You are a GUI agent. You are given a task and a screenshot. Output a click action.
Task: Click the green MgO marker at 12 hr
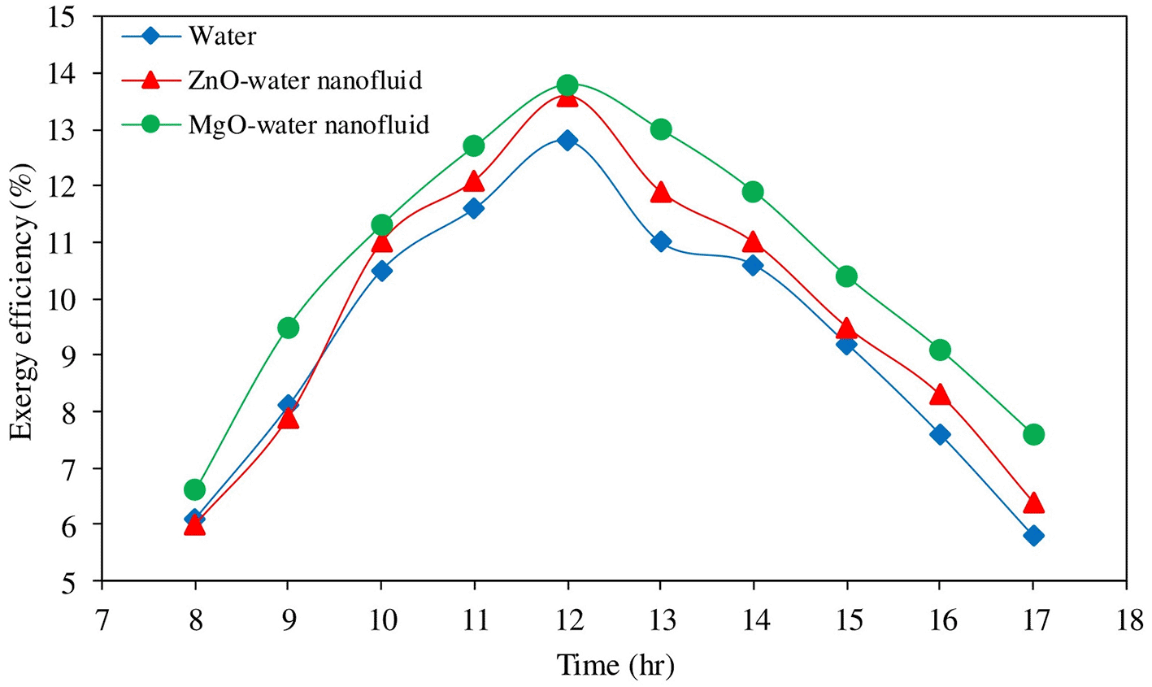point(567,85)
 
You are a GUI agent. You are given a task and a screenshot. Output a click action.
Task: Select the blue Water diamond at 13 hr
point(661,241)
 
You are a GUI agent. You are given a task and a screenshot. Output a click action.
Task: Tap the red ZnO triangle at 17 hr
point(1033,503)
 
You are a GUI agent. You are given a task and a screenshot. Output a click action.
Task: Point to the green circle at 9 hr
point(288,328)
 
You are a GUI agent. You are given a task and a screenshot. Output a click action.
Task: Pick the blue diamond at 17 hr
point(1033,536)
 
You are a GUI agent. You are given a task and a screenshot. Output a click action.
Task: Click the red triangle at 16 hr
point(940,395)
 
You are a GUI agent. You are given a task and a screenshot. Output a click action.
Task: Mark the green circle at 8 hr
point(194,489)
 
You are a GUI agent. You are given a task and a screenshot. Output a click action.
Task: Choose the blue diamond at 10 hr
point(381,271)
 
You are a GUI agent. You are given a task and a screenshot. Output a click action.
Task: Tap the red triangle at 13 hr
point(661,193)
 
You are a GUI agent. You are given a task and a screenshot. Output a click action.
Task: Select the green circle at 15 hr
point(846,276)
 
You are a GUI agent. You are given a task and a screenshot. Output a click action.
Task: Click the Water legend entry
point(221,37)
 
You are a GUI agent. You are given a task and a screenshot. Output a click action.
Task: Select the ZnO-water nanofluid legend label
point(305,80)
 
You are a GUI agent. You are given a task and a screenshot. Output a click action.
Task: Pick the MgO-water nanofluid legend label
point(308,125)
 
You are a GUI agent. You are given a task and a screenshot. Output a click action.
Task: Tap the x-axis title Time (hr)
point(615,666)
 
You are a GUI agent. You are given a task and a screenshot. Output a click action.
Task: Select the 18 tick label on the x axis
point(1126,620)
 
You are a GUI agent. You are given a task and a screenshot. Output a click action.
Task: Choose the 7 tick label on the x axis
point(102,620)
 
